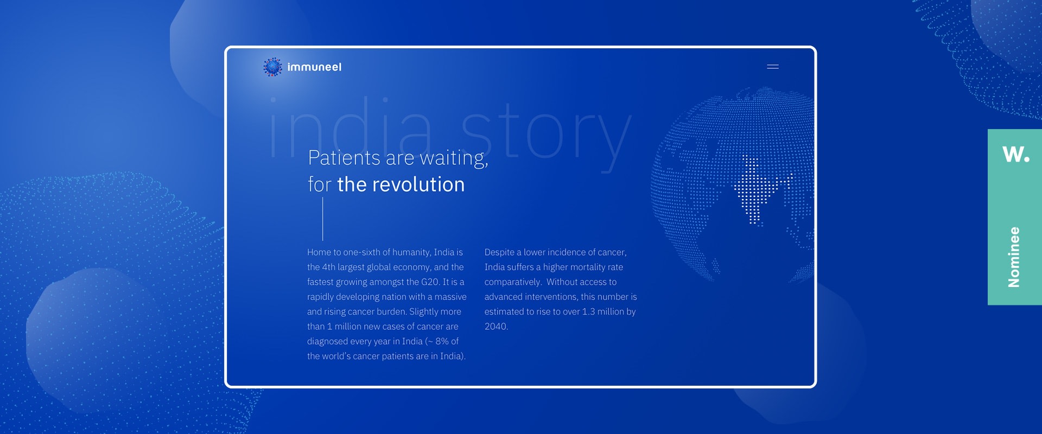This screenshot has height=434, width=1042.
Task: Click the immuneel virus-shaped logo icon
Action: (x=272, y=67)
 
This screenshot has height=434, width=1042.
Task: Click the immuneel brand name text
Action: (x=314, y=67)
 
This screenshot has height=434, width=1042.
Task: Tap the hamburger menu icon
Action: (x=773, y=67)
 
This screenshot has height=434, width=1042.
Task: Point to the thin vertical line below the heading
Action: (x=322, y=219)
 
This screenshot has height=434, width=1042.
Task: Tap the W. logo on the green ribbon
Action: (x=1016, y=154)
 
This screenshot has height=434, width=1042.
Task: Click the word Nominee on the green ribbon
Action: (x=1014, y=257)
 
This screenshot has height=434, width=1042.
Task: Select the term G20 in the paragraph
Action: (x=430, y=282)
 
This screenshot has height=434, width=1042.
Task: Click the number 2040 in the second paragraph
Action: (x=496, y=327)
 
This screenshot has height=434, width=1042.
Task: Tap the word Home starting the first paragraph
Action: (x=319, y=252)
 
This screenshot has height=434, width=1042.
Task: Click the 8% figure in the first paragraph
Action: (x=442, y=341)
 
